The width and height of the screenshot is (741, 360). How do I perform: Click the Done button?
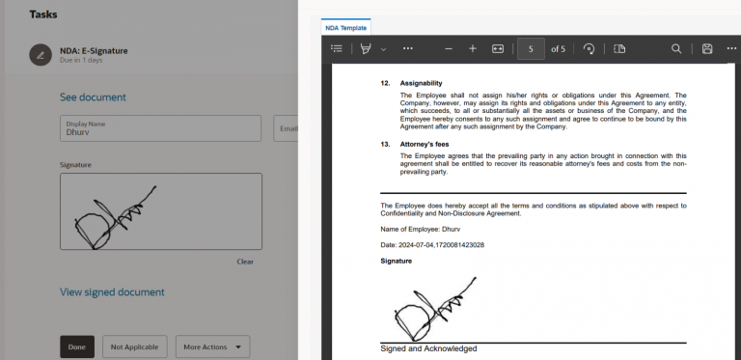tap(77, 346)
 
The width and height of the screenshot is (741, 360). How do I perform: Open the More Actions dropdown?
tap(213, 346)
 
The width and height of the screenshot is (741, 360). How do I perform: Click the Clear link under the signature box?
tap(245, 262)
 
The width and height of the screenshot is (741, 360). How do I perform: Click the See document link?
tap(93, 97)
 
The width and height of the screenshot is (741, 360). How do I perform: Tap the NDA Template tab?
tap(346, 28)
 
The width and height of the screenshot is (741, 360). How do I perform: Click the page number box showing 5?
tap(531, 48)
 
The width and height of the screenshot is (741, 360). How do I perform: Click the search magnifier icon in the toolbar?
tap(676, 48)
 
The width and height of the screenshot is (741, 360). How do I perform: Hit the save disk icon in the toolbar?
tap(707, 48)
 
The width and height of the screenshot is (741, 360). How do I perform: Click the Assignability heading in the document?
tap(421, 83)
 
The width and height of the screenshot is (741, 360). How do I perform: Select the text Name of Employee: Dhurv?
tap(421, 229)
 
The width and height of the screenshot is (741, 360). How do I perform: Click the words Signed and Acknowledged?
tap(428, 348)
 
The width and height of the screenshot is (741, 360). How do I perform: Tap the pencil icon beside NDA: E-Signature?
tap(41, 55)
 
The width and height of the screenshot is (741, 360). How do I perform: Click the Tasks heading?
tap(42, 14)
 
